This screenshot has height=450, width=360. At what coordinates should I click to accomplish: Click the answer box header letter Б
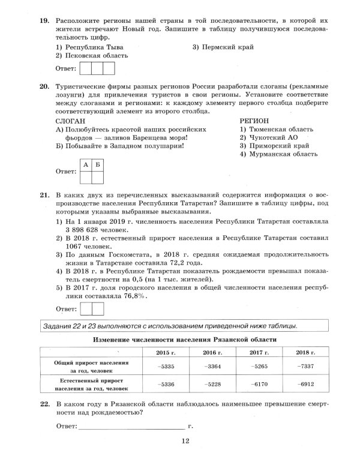point(98,164)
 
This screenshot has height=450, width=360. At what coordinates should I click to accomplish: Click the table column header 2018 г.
point(307,353)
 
